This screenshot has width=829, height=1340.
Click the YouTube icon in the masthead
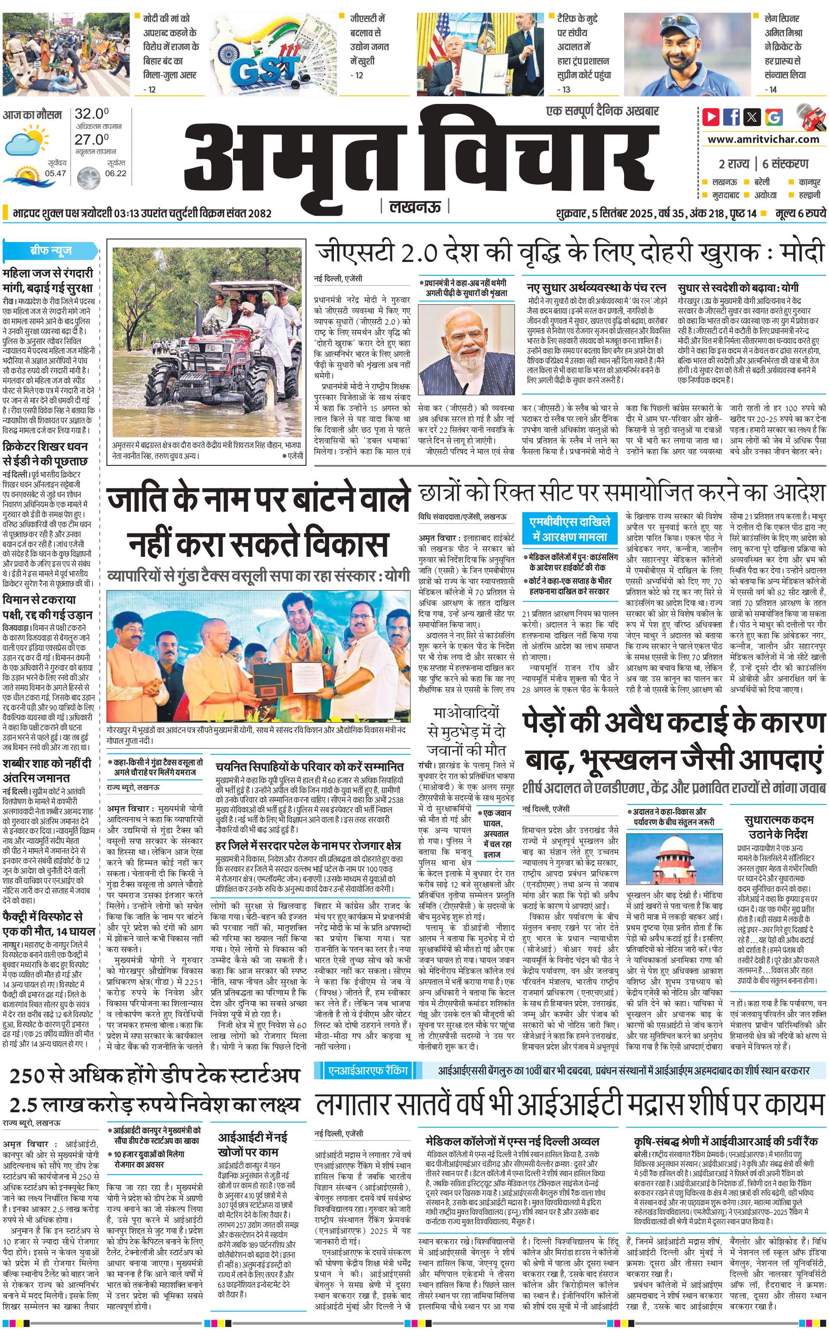(x=711, y=117)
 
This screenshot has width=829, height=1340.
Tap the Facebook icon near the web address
(x=732, y=117)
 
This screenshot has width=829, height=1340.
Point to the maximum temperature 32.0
(x=91, y=114)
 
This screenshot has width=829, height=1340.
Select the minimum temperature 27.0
(x=91, y=139)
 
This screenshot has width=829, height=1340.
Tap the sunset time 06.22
(x=116, y=173)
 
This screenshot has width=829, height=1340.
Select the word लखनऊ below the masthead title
(x=414, y=207)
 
